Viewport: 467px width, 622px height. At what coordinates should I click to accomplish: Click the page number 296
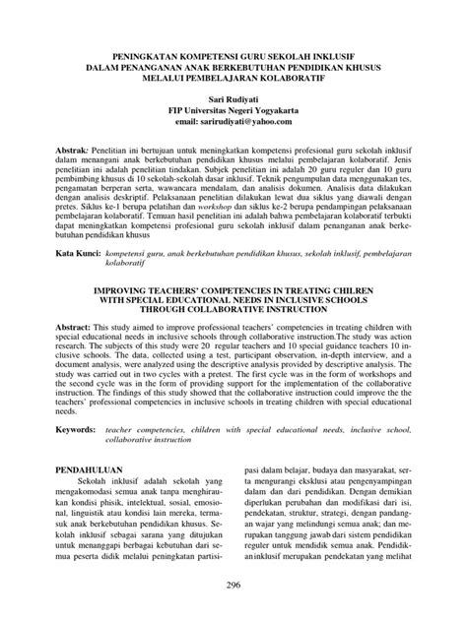coord(233,586)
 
